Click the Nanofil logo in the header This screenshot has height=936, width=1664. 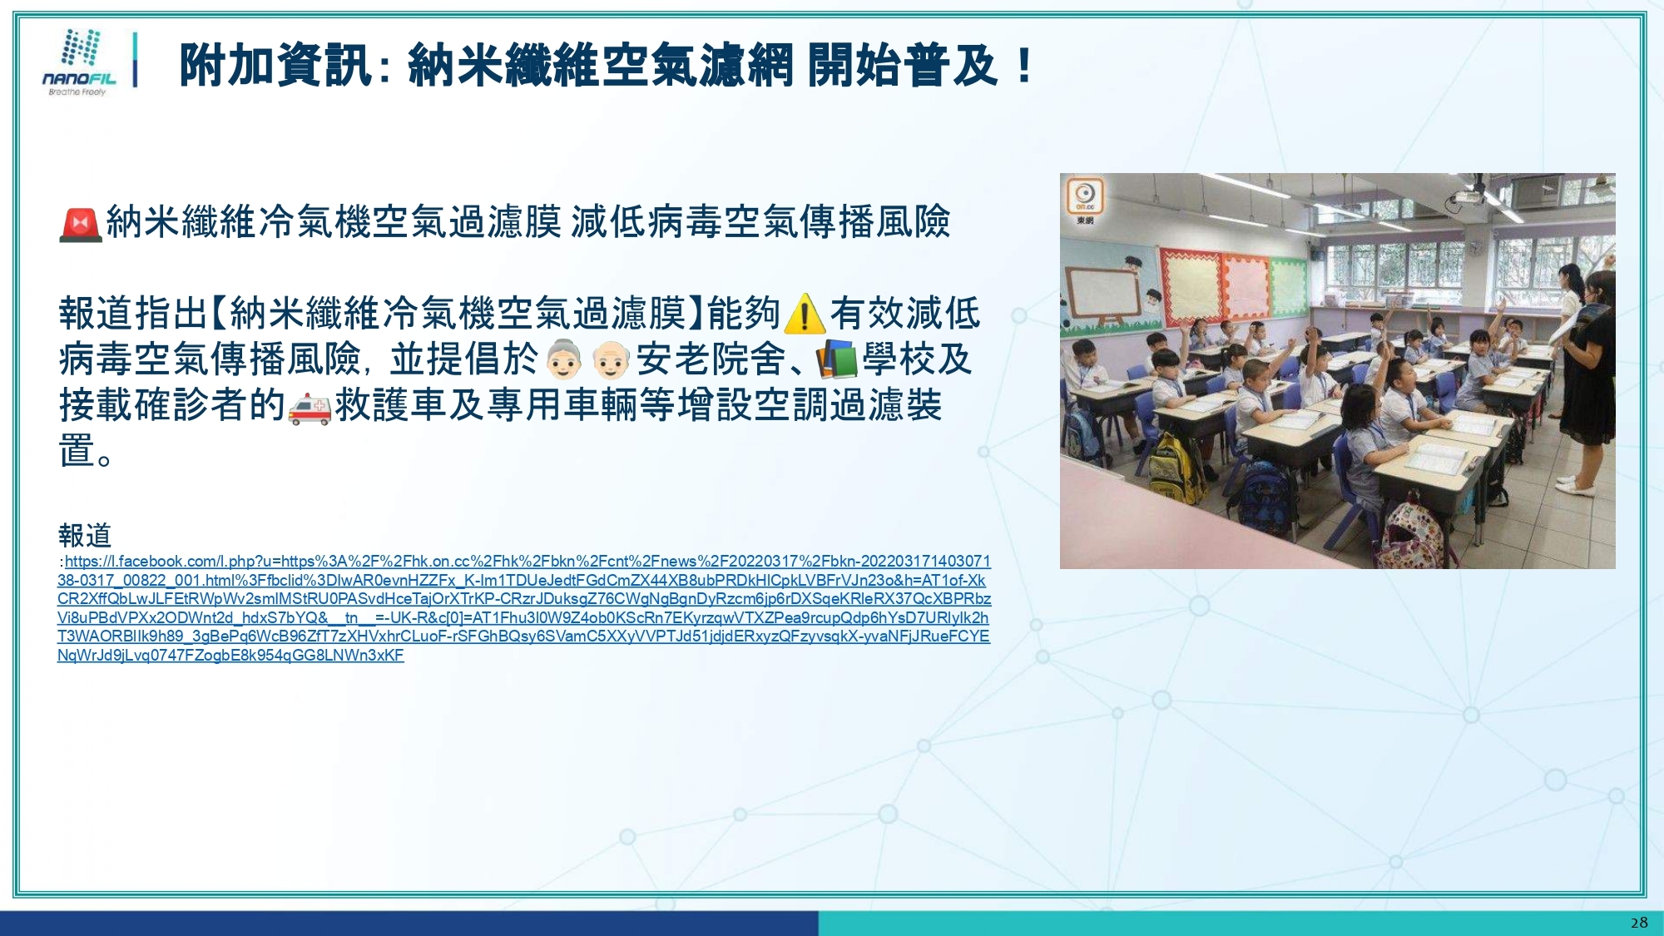click(80, 62)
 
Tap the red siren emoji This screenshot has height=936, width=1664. click(81, 224)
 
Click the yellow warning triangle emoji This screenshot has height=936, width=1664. click(805, 314)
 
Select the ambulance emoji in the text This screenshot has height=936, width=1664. click(310, 408)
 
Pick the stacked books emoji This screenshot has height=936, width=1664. click(836, 359)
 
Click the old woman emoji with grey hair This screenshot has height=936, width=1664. click(564, 359)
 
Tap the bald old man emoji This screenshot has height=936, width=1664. click(612, 359)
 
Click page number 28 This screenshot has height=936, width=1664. click(1639, 923)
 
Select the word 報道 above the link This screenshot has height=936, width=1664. click(85, 535)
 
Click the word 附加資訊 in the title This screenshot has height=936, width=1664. click(275, 66)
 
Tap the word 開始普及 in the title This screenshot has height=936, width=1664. click(902, 66)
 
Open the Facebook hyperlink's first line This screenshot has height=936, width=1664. click(527, 562)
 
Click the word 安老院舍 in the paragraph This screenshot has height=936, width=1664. click(711, 359)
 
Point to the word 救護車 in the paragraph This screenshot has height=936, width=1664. click(391, 406)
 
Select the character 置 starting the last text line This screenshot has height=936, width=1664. click(77, 451)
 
